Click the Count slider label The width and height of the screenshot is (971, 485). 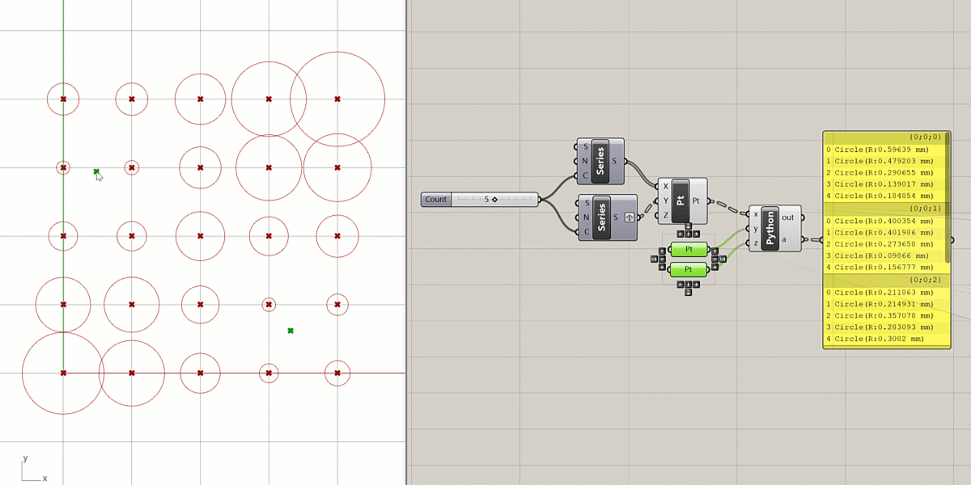point(436,200)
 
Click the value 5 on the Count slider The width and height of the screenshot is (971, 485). point(486,199)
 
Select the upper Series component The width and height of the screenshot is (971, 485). point(600,161)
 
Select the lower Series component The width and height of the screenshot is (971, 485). point(600,217)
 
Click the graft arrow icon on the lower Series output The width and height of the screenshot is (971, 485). point(629,217)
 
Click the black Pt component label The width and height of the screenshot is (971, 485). point(680,200)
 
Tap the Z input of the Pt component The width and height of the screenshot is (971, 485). point(665,216)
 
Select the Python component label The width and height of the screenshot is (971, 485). point(770,228)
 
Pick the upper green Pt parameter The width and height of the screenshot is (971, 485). point(689,250)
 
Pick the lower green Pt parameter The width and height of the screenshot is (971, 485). point(689,269)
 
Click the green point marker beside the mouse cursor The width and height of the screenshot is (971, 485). point(96,171)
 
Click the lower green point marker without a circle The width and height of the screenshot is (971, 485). point(290,331)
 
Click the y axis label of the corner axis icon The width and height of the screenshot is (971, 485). point(25,458)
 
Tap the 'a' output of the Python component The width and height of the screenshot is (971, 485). point(784,239)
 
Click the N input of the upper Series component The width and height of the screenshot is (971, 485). point(586,161)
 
